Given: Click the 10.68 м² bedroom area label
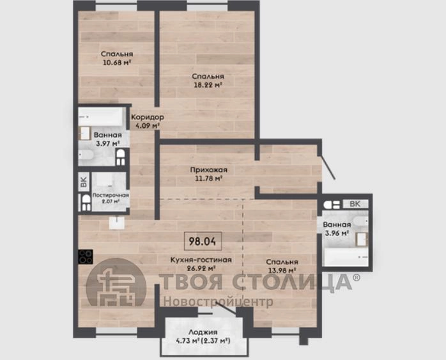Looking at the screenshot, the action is (x=117, y=62).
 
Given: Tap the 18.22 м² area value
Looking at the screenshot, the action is (x=208, y=84).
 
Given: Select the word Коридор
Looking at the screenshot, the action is (x=148, y=117).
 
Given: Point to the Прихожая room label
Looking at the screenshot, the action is (x=209, y=170).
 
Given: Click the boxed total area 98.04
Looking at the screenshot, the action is (x=203, y=241).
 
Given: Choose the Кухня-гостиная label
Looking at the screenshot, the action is (x=201, y=260).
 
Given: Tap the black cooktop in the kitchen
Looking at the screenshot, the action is (x=86, y=256).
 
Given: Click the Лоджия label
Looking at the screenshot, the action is (x=203, y=332).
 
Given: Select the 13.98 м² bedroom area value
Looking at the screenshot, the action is (x=282, y=270).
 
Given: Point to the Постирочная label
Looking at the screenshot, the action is (x=111, y=195).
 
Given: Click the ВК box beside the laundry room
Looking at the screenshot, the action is (x=84, y=182).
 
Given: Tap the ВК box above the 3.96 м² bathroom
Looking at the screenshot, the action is (x=355, y=204).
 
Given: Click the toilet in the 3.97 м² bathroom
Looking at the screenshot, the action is (x=121, y=157).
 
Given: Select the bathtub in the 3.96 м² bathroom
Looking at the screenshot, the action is (x=347, y=257).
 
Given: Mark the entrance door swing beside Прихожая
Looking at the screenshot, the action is (x=327, y=167).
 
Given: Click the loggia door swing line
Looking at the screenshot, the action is (x=226, y=309).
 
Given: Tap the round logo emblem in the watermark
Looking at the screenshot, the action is (x=116, y=283).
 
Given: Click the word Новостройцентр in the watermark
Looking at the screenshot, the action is (x=218, y=302).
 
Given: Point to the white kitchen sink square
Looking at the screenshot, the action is (x=117, y=223).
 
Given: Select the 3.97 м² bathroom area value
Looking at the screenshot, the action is (x=107, y=143).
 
